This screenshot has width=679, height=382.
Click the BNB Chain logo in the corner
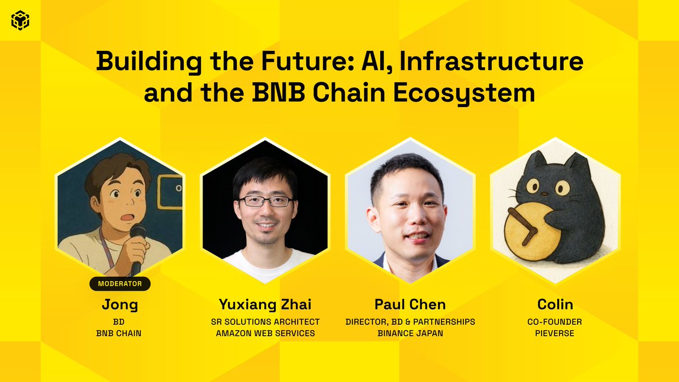pyautogui.click(x=20, y=20)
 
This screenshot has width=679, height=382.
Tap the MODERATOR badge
pyautogui.click(x=120, y=284)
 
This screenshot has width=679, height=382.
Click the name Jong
pyautogui.click(x=120, y=305)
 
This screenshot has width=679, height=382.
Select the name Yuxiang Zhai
pyautogui.click(x=265, y=304)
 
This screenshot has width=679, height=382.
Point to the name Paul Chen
pyautogui.click(x=410, y=304)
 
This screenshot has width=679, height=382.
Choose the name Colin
pyautogui.click(x=555, y=304)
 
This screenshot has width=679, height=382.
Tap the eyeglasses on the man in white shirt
pyautogui.click(x=266, y=201)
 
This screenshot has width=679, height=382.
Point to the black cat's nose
pyautogui.click(x=545, y=194)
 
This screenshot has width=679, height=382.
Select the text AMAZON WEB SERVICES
pyautogui.click(x=265, y=333)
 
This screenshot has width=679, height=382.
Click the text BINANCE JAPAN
pyautogui.click(x=410, y=333)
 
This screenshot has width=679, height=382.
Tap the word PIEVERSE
pyautogui.click(x=555, y=333)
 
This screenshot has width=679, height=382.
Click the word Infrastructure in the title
pyautogui.click(x=491, y=62)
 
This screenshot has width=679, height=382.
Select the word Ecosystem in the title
pyautogui.click(x=464, y=93)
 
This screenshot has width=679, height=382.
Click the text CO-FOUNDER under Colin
pyautogui.click(x=555, y=321)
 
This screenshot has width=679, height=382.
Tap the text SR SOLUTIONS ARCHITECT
pyautogui.click(x=265, y=321)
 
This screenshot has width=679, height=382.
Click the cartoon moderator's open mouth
pyautogui.click(x=128, y=217)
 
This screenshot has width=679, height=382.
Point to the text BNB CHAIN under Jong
pyautogui.click(x=119, y=333)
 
